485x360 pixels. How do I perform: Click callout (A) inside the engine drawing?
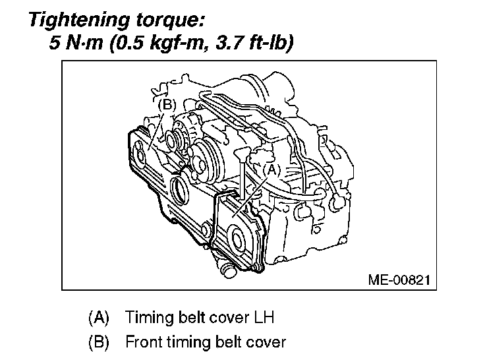click(x=272, y=169)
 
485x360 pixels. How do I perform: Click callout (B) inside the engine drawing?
click(x=167, y=104)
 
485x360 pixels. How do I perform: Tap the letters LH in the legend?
click(x=263, y=317)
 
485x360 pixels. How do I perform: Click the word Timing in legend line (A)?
click(x=145, y=317)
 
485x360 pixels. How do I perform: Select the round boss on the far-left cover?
click(x=139, y=156)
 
